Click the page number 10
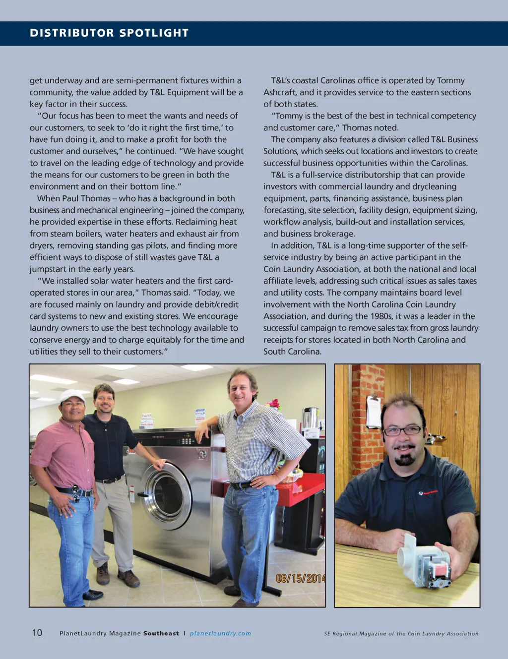pyautogui.click(x=37, y=633)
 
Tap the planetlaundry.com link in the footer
pyautogui.click(x=220, y=633)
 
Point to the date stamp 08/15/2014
pyautogui.click(x=300, y=578)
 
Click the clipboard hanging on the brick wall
pyautogui.click(x=374, y=412)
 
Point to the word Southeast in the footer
pyautogui.click(x=161, y=633)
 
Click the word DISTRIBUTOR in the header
pyautogui.click(x=72, y=33)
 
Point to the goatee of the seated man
pyautogui.click(x=404, y=458)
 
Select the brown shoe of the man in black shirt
pyautogui.click(x=129, y=578)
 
